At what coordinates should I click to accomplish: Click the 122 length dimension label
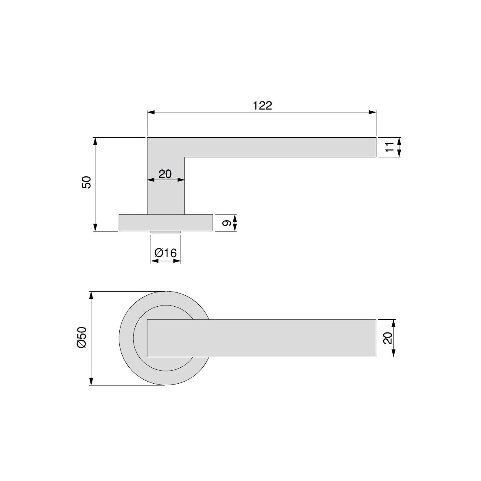(262, 105)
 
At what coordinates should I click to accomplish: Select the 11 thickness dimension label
(389, 147)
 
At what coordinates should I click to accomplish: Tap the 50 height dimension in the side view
(86, 182)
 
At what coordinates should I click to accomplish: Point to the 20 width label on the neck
(165, 174)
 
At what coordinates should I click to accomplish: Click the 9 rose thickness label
(226, 223)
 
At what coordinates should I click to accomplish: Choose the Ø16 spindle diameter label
(166, 253)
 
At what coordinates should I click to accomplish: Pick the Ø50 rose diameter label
(82, 338)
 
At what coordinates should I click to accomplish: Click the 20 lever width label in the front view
(388, 338)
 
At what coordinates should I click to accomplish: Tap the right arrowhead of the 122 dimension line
(372, 112)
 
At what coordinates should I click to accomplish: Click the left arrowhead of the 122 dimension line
(151, 112)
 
